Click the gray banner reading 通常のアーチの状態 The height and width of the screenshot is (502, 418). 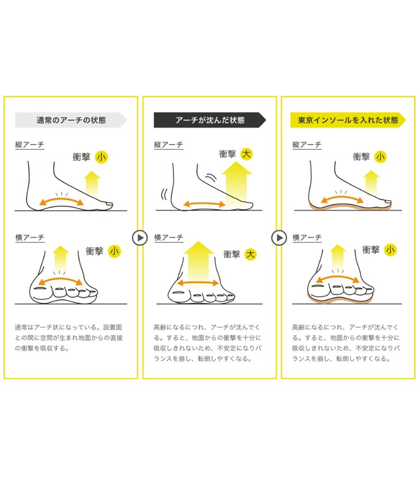pos(71,120)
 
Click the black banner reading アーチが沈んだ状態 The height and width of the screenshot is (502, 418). pos(210,120)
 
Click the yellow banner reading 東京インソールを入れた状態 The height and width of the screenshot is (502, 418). pos(348,120)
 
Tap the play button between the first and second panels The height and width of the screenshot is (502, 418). pos(140,238)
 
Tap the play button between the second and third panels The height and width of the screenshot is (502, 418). pos(279,238)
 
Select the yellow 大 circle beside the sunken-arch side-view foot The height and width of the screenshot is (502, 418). pos(246,154)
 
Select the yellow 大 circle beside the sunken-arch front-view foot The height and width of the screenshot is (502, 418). pos(250,254)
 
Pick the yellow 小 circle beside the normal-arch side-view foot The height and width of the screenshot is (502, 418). pos(101,157)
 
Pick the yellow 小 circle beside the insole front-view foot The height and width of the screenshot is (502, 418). pos(390,250)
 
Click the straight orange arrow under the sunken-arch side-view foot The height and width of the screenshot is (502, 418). pos(204,204)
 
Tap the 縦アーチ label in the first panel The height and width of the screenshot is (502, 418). pos(30,145)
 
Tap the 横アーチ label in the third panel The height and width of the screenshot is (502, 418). pos(307,237)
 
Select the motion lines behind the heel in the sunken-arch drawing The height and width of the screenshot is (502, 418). pos(165,194)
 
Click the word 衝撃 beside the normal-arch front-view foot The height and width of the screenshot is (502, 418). pos(95,251)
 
